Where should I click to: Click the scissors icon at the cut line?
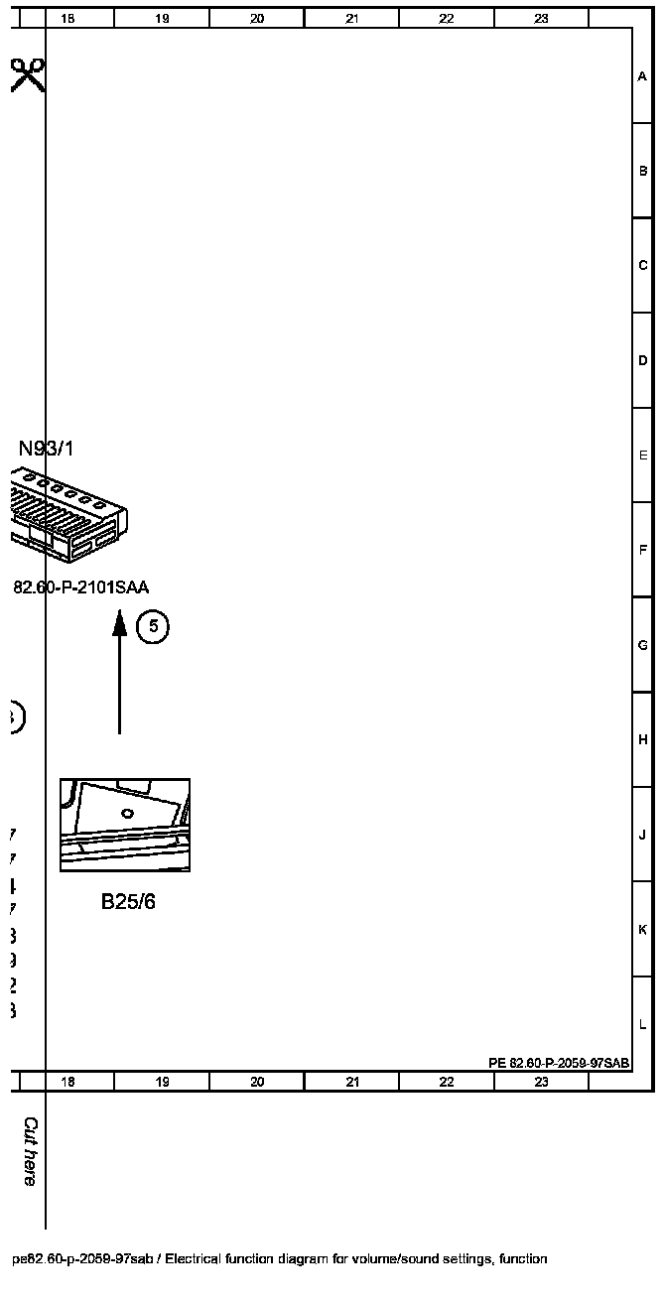28,74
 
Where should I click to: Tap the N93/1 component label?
46,449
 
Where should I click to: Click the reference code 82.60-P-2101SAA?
80,587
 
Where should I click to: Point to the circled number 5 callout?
153,626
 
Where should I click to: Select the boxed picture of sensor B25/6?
125,825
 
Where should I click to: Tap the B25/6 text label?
128,902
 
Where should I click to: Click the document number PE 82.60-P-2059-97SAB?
559,1063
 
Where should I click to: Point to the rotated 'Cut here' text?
30,1151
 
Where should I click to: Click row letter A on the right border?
643,76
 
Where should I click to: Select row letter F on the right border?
643,550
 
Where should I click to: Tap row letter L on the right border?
643,1024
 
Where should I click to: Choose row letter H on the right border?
643,739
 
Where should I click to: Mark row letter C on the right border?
643,265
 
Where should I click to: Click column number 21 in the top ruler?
351,18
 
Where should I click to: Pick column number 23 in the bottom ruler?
541,1082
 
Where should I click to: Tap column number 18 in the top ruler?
67,18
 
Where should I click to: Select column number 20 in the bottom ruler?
257,1082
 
